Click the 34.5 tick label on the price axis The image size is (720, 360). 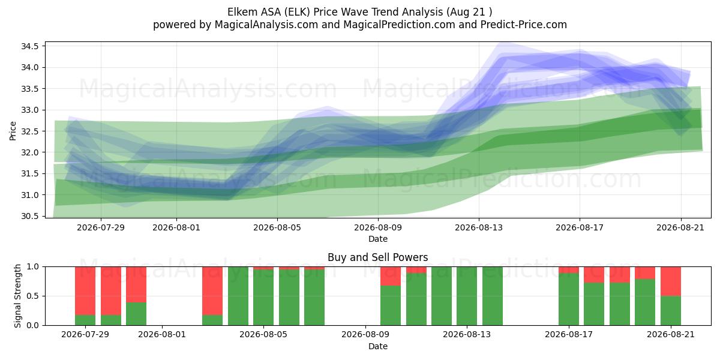(29, 46)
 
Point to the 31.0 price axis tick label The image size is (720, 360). (29, 195)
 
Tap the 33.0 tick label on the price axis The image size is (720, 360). (29, 110)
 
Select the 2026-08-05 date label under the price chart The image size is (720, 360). (277, 227)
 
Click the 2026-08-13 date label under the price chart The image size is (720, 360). (479, 227)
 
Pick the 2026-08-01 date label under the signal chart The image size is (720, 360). (162, 335)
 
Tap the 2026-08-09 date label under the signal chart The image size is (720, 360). (365, 335)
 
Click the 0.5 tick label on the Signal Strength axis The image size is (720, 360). (32, 296)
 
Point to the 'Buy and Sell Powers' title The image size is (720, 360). (377, 257)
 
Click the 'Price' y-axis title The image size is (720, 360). (13, 131)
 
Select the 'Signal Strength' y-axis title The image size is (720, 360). (17, 296)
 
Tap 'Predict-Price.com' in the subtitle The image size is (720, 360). (524, 25)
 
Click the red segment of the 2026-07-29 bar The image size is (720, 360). (85, 291)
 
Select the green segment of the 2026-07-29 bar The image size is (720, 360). (85, 320)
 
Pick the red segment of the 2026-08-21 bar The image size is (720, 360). (671, 281)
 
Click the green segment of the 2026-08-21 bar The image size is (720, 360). (671, 311)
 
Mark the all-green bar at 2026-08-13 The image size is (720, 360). (467, 296)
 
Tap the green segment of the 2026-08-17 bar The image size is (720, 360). (569, 299)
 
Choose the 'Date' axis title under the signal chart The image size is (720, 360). (377, 346)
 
